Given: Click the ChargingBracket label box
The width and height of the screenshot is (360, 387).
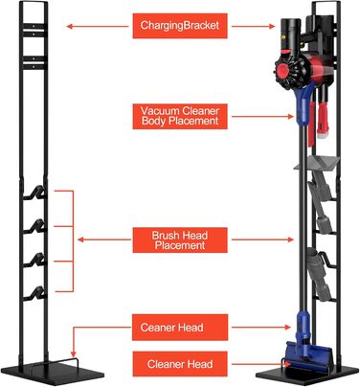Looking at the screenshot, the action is click(180, 26).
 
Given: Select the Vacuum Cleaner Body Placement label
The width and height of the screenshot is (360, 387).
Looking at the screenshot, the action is click(180, 116).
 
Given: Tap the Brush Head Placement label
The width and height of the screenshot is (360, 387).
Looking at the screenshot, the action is click(180, 240).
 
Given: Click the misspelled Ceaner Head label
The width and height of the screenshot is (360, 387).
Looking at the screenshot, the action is click(180, 328).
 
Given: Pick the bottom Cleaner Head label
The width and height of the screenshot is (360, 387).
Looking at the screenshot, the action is click(180, 364).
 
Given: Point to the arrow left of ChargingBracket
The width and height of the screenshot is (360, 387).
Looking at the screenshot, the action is click(98, 26).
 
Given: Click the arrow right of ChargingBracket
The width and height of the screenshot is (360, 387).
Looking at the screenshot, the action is click(253, 26).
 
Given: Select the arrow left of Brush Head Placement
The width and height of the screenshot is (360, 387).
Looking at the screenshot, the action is click(104, 239).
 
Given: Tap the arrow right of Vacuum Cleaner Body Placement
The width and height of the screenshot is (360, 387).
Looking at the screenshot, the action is click(262, 117).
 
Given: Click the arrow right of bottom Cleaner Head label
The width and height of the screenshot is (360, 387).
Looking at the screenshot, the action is click(261, 364).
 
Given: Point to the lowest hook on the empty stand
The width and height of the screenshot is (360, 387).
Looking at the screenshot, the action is click(35, 293).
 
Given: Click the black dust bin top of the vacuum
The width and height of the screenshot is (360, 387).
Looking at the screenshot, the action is click(291, 32).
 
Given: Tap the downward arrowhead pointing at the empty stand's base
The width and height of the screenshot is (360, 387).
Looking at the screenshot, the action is click(74, 353).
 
